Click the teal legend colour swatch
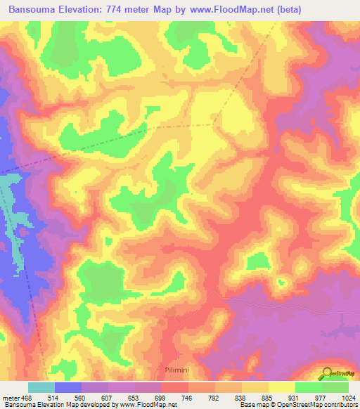pyautogui.click(x=41, y=387)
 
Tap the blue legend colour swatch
pyautogui.click(x=68, y=387)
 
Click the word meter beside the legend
pyautogui.click(x=11, y=397)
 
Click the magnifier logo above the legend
pyautogui.click(x=327, y=373)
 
